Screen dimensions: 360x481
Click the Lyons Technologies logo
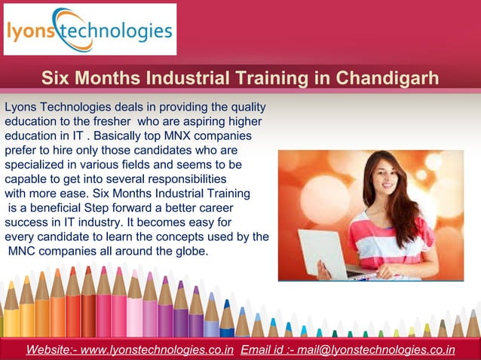(x=90, y=29)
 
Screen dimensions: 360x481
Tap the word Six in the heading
(x=55, y=78)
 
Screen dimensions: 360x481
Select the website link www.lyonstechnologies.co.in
(x=157, y=349)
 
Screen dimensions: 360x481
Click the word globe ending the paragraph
(x=190, y=251)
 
